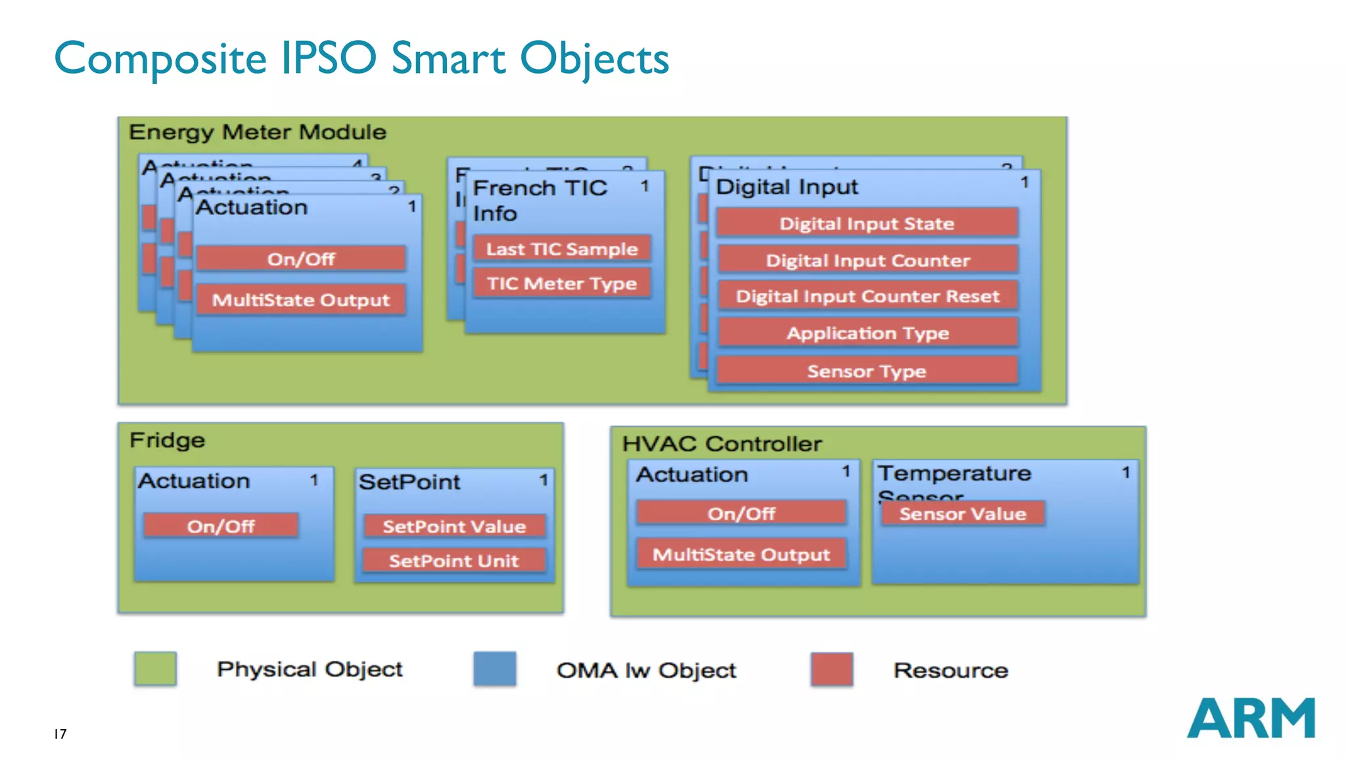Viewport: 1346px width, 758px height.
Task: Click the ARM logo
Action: (x=1250, y=718)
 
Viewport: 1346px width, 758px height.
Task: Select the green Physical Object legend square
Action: (x=155, y=669)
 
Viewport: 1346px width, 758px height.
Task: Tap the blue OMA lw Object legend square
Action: (x=494, y=669)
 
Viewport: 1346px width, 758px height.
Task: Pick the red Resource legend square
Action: (x=831, y=669)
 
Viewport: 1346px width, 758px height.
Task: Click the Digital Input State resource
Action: (x=867, y=224)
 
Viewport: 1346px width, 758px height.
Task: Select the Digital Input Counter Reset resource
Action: (x=867, y=296)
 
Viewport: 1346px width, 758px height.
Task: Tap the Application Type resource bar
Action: (x=867, y=333)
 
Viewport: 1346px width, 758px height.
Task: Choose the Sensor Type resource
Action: (x=866, y=371)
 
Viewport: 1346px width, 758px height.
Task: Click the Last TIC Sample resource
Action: (x=562, y=249)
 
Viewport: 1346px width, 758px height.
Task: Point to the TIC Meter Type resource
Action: (x=562, y=283)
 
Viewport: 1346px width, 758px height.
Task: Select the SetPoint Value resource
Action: (x=454, y=527)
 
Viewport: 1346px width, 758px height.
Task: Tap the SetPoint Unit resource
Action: (x=454, y=561)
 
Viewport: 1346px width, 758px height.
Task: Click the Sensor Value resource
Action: (x=962, y=514)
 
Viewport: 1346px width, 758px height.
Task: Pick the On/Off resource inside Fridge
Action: (x=221, y=527)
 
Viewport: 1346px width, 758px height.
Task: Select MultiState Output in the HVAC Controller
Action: (x=741, y=555)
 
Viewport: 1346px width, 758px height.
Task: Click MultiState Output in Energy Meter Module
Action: (x=301, y=300)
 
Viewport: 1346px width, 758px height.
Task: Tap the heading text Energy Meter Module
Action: (x=258, y=132)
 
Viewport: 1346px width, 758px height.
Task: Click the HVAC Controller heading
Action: (x=722, y=444)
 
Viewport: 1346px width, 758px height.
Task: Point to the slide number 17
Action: (x=60, y=734)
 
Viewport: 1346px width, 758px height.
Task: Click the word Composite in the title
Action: (x=160, y=59)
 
